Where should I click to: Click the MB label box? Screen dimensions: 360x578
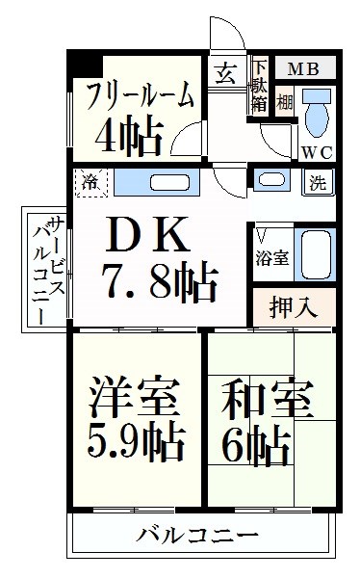coord(305,68)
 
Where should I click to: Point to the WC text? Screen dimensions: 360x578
coord(318,152)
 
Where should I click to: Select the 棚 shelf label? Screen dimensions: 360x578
coord(285,102)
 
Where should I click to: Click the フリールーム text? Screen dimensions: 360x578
coord(140,95)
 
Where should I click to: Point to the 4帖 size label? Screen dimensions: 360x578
coord(129,136)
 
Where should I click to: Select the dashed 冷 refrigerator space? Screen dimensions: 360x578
coord(91,182)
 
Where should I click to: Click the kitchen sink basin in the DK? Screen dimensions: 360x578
coord(169,183)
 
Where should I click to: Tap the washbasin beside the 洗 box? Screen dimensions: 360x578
coord(271,179)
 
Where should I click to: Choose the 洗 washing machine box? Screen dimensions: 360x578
coord(319,182)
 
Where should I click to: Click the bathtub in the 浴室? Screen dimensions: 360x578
coord(315,254)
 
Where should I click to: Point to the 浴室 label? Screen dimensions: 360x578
coord(272,258)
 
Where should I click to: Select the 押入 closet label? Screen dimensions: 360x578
coord(293,306)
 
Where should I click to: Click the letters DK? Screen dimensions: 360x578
coord(147,234)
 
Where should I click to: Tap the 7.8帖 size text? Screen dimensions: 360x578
coord(160,281)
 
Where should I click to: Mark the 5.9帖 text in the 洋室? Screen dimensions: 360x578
coord(137,442)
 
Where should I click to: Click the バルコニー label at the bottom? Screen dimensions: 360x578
coord(196,535)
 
